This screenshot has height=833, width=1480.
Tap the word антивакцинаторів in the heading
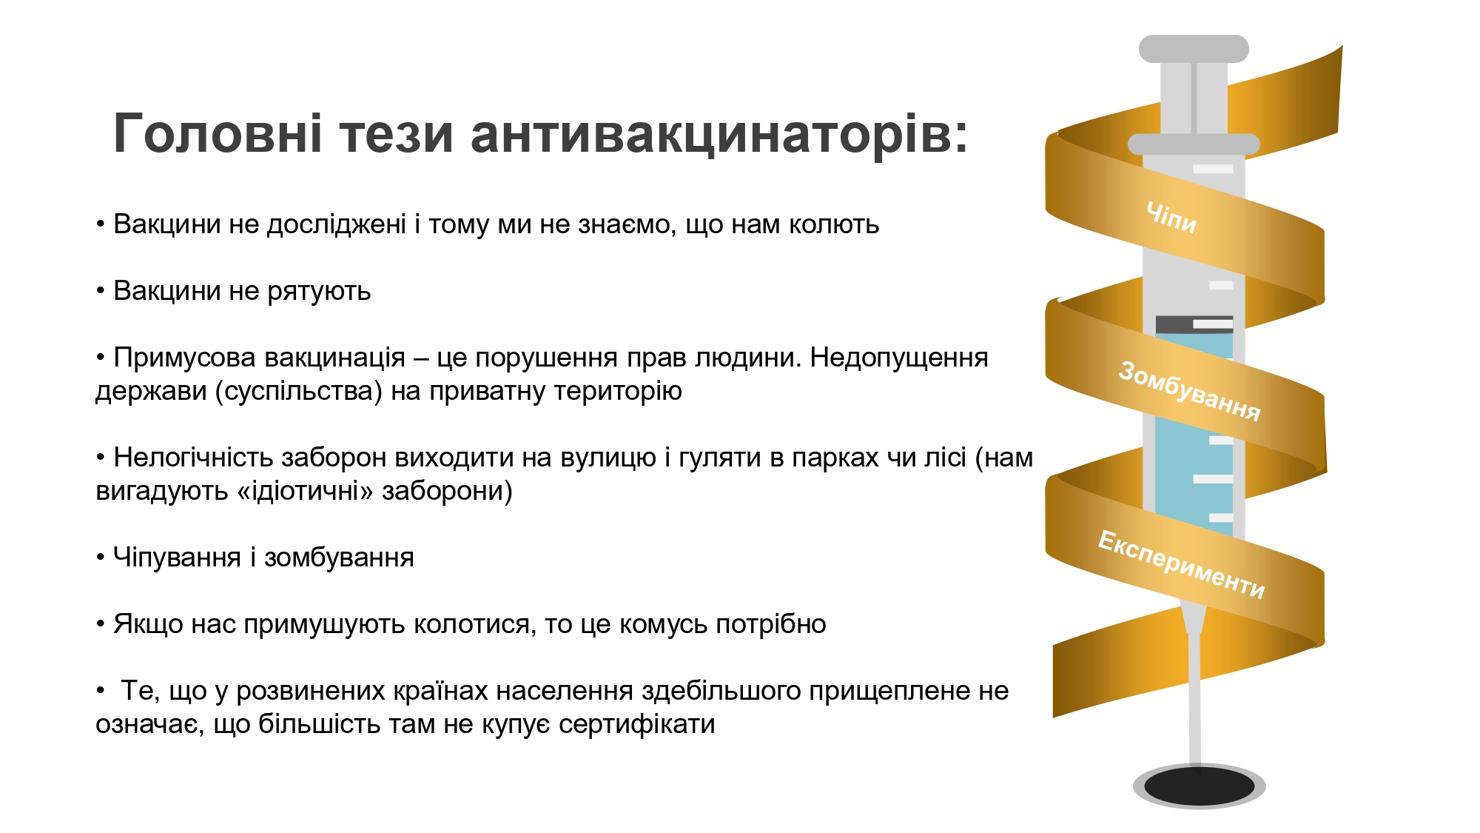pos(719,135)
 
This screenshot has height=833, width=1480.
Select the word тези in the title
pos(397,135)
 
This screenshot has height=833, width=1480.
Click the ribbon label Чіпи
pos(1171,217)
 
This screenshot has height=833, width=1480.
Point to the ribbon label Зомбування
pos(1189,391)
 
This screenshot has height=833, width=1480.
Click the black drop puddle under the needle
pos(1199,786)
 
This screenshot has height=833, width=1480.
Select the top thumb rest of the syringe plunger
pos(1194,49)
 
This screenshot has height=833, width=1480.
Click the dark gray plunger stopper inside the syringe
pos(1194,324)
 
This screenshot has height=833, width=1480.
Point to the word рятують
pos(319,292)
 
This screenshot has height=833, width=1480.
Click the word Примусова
pos(185,358)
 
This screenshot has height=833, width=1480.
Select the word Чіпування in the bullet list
pos(177,558)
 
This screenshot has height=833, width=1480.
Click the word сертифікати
pos(636,724)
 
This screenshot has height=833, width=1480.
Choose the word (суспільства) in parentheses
pos(299,391)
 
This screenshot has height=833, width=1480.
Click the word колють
pos(834,224)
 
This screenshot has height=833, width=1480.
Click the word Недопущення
pos(899,358)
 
